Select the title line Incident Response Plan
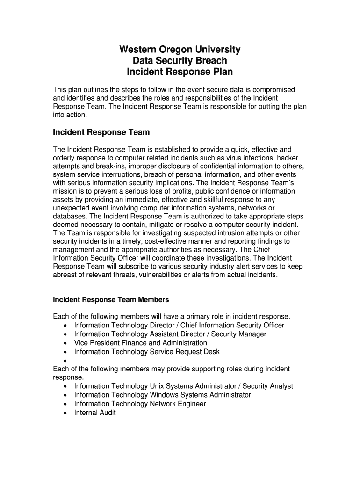point(180,72)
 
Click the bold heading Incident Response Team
point(101,132)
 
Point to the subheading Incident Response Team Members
point(111,299)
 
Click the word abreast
point(66,275)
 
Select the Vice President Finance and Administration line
point(140,343)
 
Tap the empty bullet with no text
point(64,361)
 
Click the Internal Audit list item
point(95,413)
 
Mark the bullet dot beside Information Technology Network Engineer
point(64,404)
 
